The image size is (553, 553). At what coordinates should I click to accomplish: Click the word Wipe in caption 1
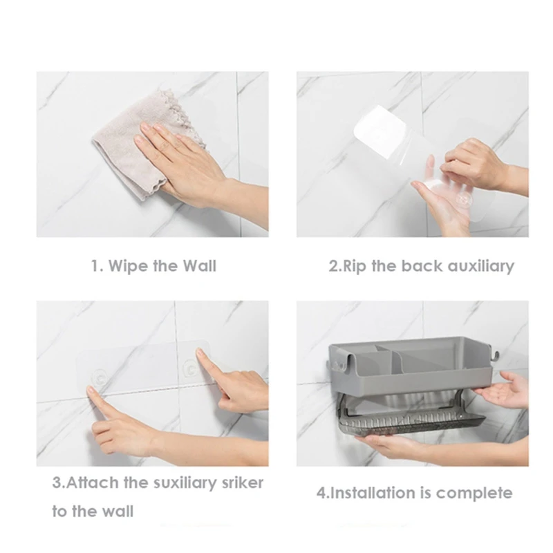[x=127, y=266]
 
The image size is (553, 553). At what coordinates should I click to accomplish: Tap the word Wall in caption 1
[x=200, y=265]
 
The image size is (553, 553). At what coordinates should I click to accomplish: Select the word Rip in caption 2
[x=355, y=266]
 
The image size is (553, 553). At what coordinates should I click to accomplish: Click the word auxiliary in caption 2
[x=481, y=266]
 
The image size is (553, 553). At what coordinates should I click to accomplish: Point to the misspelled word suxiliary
[x=185, y=483]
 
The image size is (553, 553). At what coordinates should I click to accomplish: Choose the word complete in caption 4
[x=474, y=494]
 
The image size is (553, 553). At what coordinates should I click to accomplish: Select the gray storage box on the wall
[x=409, y=367]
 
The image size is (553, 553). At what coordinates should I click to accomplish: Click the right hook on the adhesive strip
[x=190, y=368]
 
